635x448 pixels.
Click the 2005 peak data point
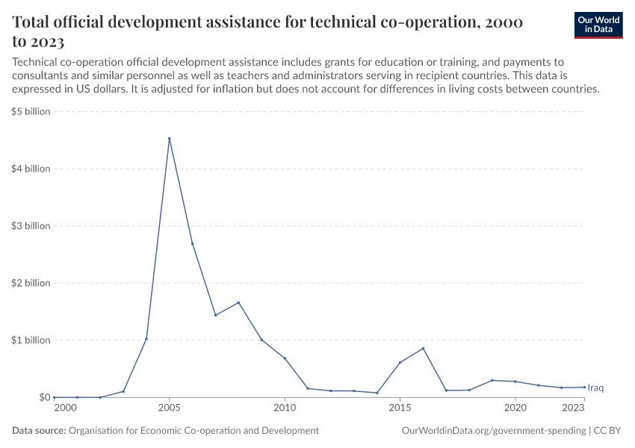point(170,139)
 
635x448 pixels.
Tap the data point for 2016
point(423,349)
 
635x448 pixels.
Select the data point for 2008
point(238,302)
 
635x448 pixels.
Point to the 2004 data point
point(146,339)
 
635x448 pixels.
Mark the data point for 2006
point(193,244)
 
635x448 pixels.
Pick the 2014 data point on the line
point(377,393)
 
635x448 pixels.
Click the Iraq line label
point(595,388)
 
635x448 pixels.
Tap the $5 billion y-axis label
point(31,112)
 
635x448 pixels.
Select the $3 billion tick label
point(31,226)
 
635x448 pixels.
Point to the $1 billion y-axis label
point(31,340)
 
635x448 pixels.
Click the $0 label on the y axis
point(44,397)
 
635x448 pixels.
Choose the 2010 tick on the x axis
point(285,408)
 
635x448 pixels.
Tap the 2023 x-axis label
point(573,408)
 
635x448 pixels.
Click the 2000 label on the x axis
point(65,408)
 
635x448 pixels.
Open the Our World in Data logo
point(598,25)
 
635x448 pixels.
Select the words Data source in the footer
point(39,431)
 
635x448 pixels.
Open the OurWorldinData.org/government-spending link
point(493,431)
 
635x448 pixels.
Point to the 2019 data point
point(492,380)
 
